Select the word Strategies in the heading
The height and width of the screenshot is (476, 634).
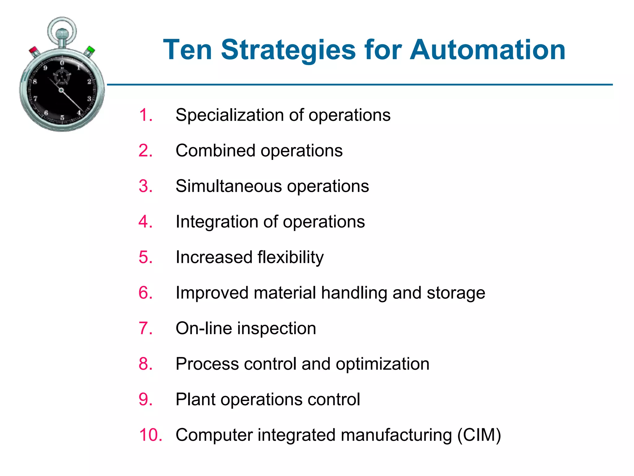(288, 50)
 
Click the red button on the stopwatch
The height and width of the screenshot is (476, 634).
(33, 50)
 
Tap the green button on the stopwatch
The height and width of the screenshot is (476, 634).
(90, 50)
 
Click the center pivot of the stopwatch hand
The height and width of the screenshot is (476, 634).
(61, 90)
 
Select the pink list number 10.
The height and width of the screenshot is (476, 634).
(150, 435)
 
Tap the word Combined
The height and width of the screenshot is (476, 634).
(215, 151)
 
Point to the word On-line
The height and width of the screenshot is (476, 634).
(203, 328)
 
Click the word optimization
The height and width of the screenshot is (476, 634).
(382, 364)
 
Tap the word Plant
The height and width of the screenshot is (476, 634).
(195, 399)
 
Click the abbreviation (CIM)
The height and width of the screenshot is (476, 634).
(479, 435)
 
